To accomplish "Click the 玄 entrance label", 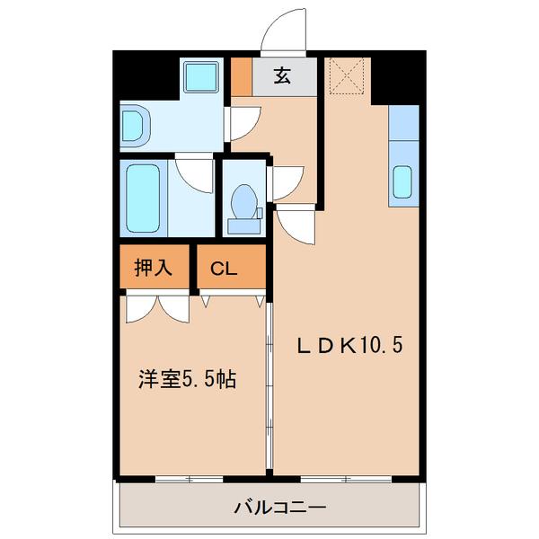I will point(282,77).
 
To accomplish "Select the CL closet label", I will point(224,269).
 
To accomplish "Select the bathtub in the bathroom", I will point(143,197).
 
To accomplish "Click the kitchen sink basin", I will point(403,182).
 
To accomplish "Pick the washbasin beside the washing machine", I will point(134,127).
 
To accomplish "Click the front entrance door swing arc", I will point(281,29).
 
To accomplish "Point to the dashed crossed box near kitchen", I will point(346,75).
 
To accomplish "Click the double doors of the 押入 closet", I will point(157,308).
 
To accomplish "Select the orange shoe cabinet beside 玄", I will point(241,77).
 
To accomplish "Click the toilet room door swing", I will point(286,183).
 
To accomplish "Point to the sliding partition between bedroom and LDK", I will point(269,386).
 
